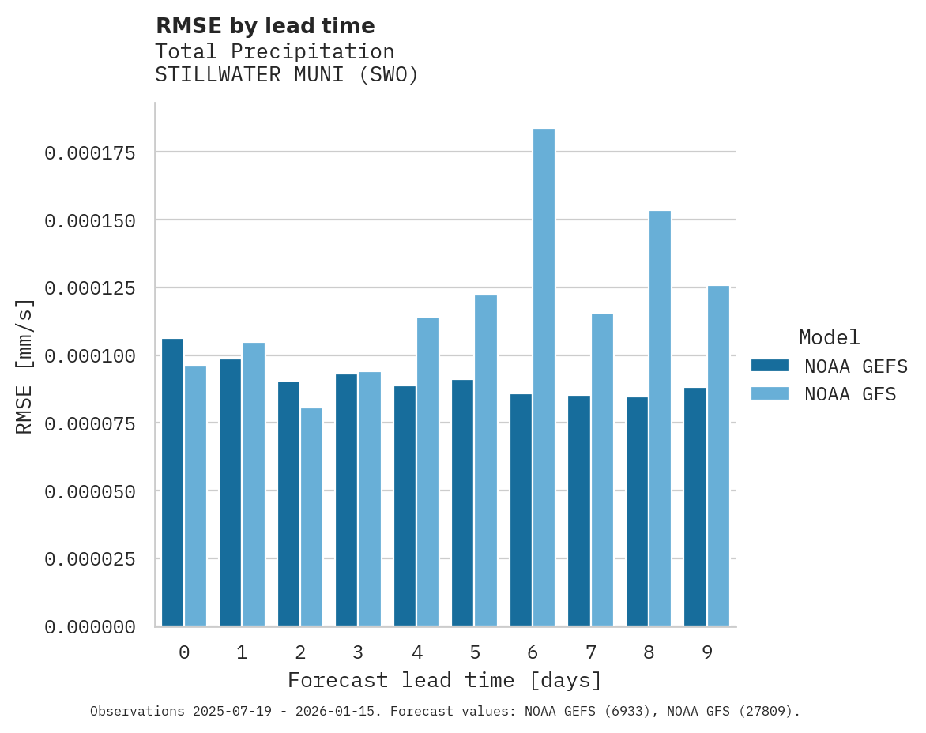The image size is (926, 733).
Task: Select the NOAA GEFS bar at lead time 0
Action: point(172,482)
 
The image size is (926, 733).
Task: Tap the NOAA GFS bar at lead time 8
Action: point(660,419)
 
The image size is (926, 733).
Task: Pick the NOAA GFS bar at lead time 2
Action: point(311,517)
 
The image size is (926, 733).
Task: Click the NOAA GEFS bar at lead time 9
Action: point(695,506)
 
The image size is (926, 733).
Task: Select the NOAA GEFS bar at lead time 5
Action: point(463,502)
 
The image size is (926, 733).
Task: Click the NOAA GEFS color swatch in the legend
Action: point(770,366)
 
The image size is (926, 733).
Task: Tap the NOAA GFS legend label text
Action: point(850,393)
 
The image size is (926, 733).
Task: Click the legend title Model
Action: point(829,337)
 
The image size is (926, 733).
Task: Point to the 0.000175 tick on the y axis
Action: point(90,152)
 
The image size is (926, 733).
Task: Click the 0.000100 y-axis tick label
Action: point(90,355)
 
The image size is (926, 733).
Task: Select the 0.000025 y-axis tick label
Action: point(90,559)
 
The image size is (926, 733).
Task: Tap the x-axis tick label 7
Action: point(590,652)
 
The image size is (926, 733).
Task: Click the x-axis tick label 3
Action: point(358,652)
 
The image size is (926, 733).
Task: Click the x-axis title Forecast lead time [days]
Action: point(445,680)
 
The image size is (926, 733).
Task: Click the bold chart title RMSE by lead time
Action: point(265,26)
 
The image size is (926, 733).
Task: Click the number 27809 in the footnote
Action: point(762,711)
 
